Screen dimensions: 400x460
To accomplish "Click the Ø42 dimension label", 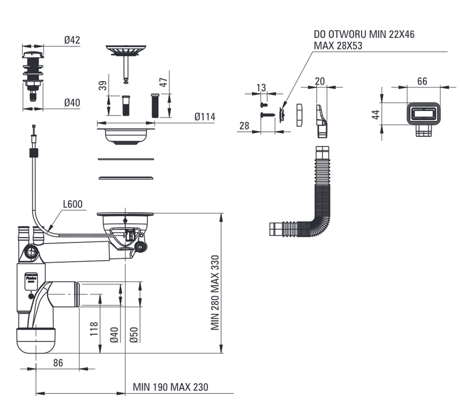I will [x=72, y=40].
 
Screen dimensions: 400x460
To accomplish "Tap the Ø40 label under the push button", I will [x=72, y=102].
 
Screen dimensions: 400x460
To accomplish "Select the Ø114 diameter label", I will [x=204, y=117].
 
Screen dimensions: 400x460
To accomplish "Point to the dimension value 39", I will [x=104, y=85].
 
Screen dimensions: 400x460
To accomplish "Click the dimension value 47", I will [x=163, y=82].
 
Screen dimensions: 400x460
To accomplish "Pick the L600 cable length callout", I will [x=73, y=204].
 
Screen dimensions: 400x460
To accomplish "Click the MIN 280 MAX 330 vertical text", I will [x=215, y=293].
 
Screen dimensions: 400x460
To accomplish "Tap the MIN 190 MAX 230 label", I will [x=170, y=387].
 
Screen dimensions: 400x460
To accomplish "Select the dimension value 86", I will [x=58, y=363].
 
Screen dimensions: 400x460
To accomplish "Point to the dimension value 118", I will [x=94, y=328].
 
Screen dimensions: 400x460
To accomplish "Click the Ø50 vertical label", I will [x=134, y=335].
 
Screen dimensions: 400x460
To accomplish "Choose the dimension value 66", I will [x=422, y=81].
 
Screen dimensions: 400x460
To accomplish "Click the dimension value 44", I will [x=376, y=114].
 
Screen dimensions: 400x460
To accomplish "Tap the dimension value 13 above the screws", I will [x=261, y=88].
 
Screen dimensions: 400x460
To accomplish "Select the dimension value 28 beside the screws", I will [x=244, y=126].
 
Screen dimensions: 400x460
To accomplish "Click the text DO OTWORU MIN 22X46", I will [x=364, y=34].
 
